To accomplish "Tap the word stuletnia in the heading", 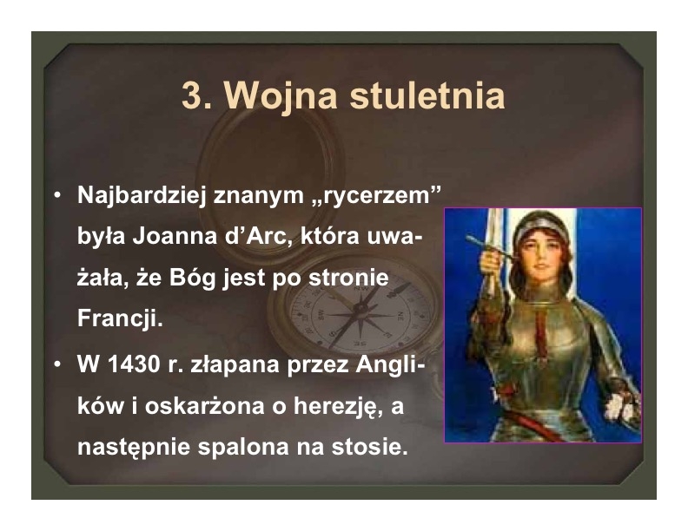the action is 427,95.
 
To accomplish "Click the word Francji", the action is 120,319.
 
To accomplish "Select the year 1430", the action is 134,364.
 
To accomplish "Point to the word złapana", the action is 235,366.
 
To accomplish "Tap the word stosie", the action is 370,447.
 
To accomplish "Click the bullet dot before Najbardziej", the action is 57,195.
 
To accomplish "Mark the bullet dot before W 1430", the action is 57,364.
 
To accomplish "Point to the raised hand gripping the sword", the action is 491,260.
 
